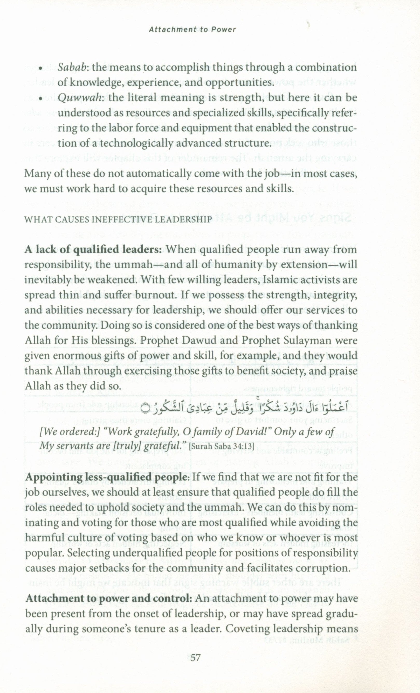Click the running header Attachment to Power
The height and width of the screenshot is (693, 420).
192,30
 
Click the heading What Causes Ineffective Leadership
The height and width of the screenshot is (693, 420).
118,220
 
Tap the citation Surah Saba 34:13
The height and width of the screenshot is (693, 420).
222,446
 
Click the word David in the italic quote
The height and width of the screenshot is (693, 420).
253,431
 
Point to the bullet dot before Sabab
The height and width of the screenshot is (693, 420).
41,69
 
